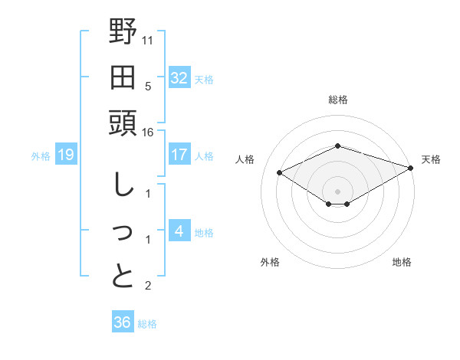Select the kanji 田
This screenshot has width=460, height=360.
[x=123, y=78]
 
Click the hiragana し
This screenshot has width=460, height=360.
[x=123, y=185]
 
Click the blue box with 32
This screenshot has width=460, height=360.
[x=179, y=78]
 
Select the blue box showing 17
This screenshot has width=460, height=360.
[x=179, y=155]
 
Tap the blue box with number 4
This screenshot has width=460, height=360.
[x=179, y=231]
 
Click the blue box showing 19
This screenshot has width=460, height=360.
[x=65, y=155]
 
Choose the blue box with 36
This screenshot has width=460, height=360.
[x=122, y=322]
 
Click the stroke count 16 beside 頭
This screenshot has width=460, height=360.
[x=147, y=133]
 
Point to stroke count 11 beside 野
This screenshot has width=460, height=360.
[x=147, y=40]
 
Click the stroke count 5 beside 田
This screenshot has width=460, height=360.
[x=147, y=87]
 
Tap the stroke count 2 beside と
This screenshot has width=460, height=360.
[x=147, y=286]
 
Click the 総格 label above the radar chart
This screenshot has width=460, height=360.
[x=338, y=100]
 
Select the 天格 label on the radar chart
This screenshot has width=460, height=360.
[x=432, y=159]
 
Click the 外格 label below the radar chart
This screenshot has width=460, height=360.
[x=270, y=262]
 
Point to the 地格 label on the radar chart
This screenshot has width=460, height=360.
[x=402, y=262]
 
